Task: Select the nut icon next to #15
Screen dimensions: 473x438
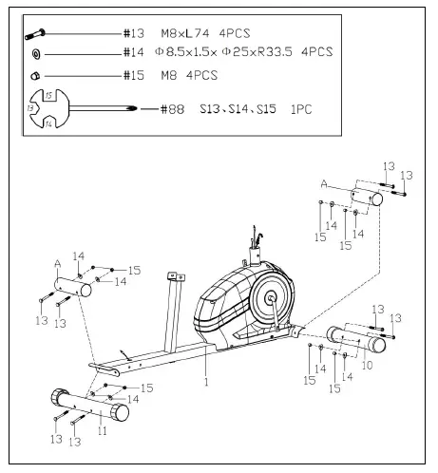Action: [x=36, y=73]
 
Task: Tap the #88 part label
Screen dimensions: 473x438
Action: [x=168, y=110]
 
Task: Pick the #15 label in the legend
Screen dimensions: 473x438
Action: [x=134, y=73]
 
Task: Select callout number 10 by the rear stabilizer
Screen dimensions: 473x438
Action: [x=367, y=365]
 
